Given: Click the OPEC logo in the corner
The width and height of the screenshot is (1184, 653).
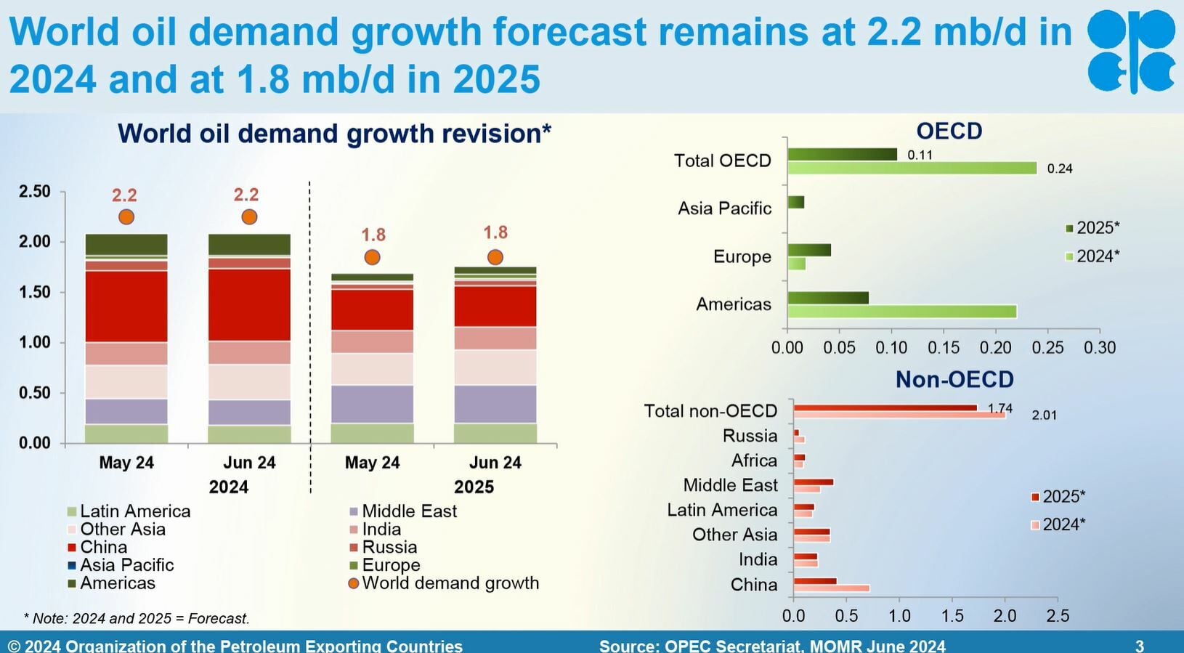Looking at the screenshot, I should tap(1131, 51).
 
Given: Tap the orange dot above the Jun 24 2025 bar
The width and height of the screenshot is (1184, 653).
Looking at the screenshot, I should tap(495, 257).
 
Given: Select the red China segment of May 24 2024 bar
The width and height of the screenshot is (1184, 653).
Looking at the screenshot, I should tap(126, 306).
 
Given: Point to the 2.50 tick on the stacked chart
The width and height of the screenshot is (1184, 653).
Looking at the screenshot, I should tap(35, 192).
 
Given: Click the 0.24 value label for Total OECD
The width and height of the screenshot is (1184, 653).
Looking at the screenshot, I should tap(1060, 169).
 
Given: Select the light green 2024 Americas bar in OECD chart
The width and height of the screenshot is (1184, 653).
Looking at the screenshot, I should tap(901, 312).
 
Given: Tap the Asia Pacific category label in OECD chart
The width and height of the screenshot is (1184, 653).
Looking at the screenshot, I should tap(724, 208).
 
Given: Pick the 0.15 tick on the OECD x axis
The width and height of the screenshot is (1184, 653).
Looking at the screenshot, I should tap(943, 348).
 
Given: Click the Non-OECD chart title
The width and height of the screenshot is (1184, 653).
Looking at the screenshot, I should tap(954, 379).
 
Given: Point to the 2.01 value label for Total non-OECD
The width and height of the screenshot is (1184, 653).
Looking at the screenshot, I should tap(1044, 415).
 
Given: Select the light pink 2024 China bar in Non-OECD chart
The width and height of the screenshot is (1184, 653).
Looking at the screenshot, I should tap(831, 588).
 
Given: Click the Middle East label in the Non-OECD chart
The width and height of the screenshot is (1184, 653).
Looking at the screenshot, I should tap(730, 485).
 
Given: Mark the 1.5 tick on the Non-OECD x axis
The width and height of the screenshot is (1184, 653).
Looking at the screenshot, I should tap(952, 616).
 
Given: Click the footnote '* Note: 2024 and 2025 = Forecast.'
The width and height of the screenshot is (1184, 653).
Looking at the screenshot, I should tap(137, 619).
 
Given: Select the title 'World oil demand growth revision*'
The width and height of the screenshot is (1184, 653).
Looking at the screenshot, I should tap(334, 134).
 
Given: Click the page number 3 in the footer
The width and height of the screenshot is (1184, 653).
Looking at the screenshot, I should tap(1140, 645).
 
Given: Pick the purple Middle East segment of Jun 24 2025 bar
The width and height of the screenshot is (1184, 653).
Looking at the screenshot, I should tap(495, 404).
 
